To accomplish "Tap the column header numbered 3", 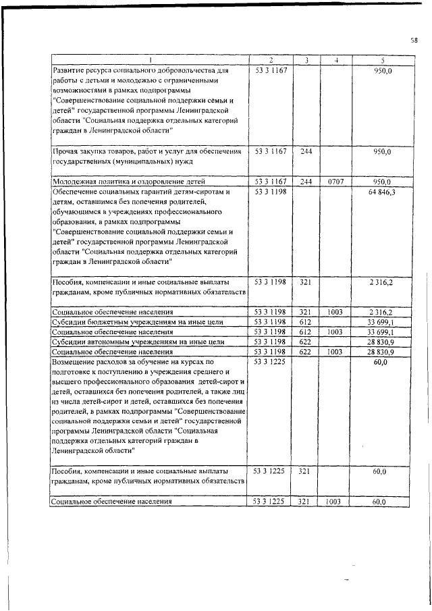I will pos(306,61).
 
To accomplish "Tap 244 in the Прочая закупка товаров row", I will pos(306,153).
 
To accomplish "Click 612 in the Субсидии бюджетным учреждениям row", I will pos(306,323).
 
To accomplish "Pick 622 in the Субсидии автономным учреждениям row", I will pos(306,342).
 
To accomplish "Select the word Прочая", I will pos(65,153).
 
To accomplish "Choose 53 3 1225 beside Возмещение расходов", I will pos(270,363).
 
